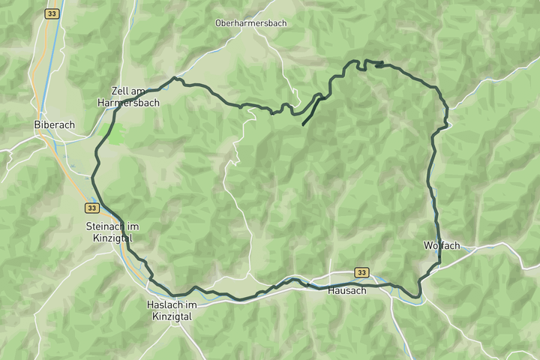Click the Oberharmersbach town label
click(x=250, y=23)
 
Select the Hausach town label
click(x=347, y=290)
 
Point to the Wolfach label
click(x=441, y=245)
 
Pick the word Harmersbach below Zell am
click(x=128, y=103)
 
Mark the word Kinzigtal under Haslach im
click(x=172, y=316)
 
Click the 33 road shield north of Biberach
click(x=51, y=13)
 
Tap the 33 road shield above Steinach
click(x=91, y=208)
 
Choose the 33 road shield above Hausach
click(x=362, y=273)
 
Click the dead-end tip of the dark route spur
click(x=302, y=124)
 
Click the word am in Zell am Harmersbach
click(x=137, y=90)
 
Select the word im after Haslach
click(x=191, y=304)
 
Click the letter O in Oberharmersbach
click(x=218, y=23)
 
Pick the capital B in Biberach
click(x=37, y=124)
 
